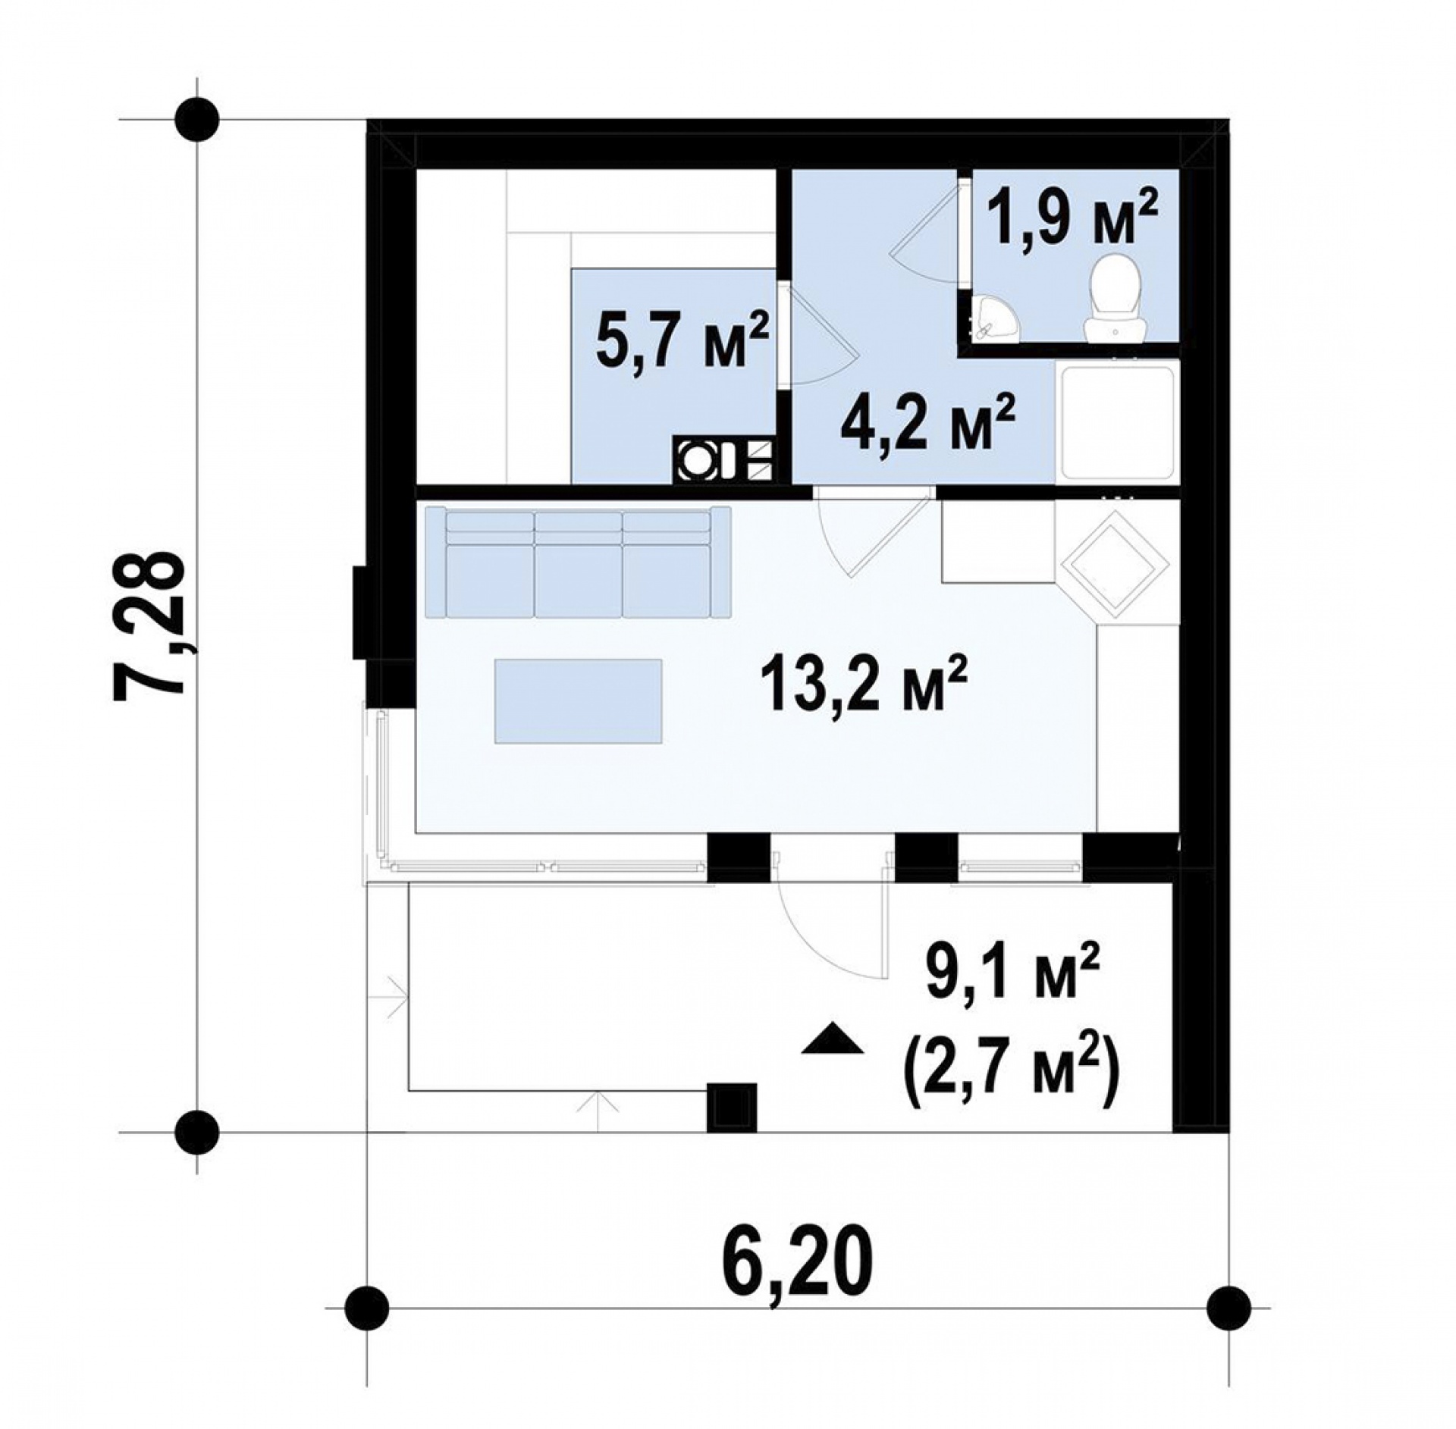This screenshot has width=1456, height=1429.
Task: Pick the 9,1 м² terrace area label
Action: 1012,976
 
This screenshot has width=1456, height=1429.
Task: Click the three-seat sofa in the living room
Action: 578,562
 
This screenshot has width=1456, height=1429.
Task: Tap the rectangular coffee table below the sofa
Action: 579,700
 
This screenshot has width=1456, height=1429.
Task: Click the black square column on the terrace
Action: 732,1108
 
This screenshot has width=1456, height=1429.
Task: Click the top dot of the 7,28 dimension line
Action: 197,120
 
